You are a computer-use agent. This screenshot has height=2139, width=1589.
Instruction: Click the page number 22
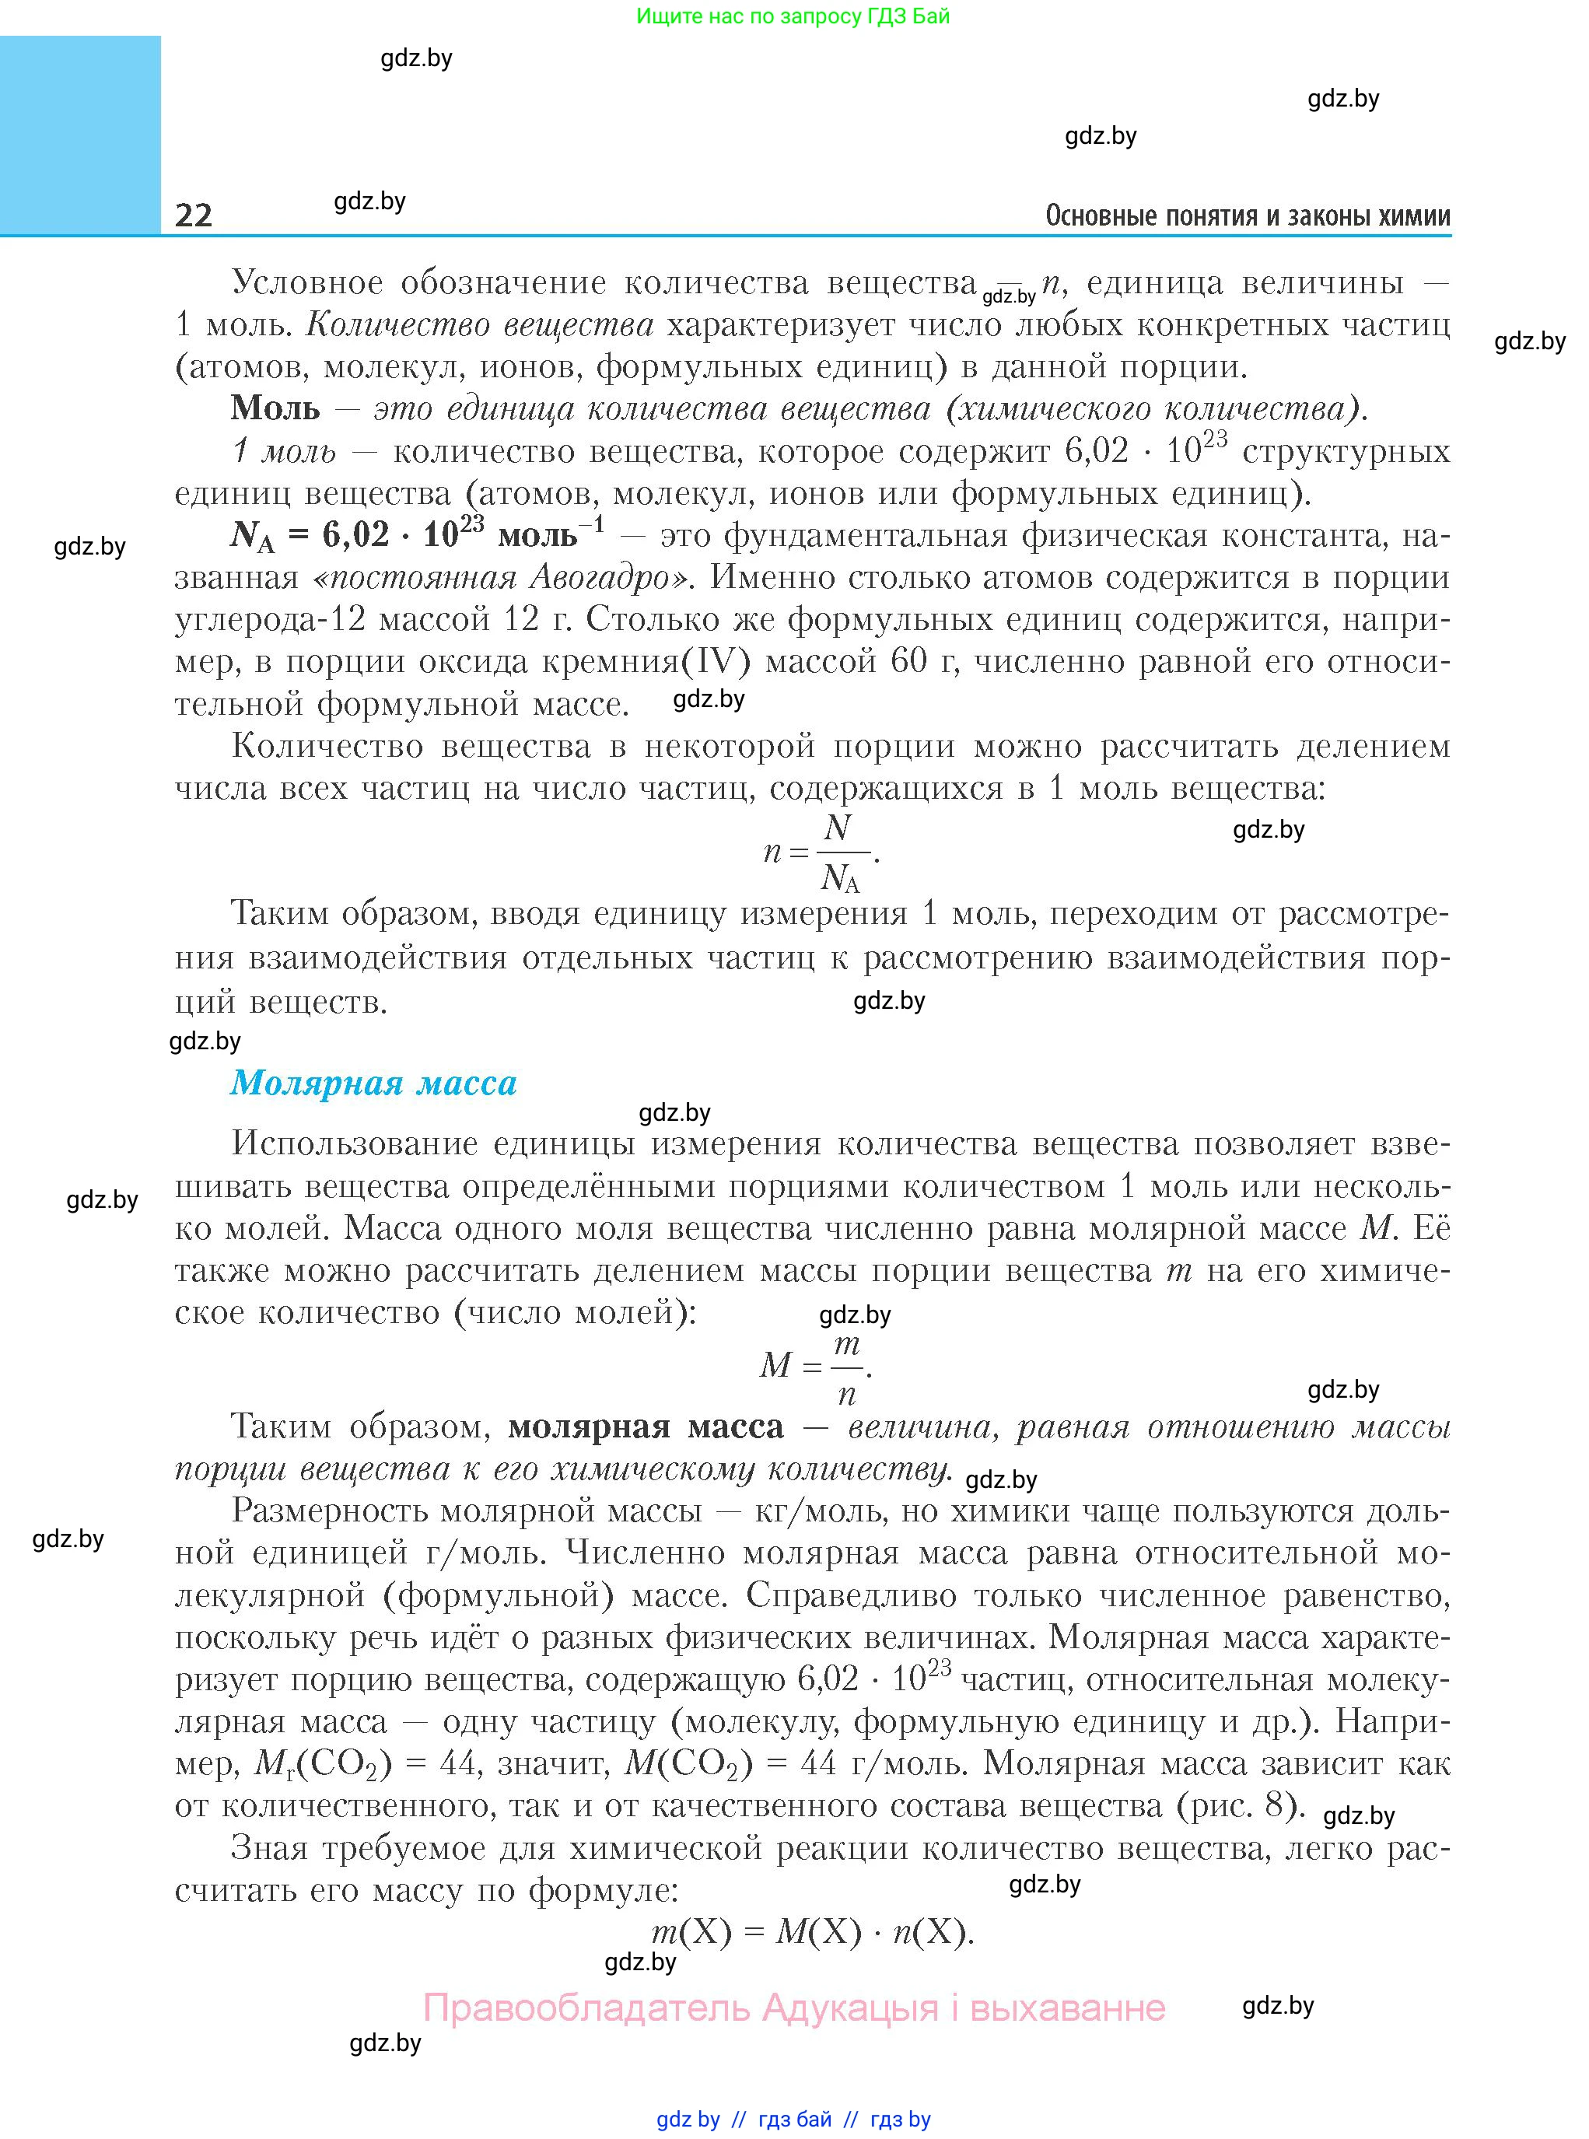point(194,215)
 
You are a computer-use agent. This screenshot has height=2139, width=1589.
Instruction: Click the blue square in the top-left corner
point(80,135)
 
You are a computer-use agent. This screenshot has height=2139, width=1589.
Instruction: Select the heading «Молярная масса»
point(373,1083)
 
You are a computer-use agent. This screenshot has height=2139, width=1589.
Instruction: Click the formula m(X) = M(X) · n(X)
point(813,1931)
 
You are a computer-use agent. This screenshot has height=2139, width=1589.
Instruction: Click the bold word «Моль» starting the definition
point(275,409)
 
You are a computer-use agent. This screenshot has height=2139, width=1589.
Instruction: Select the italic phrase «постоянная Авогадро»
point(501,577)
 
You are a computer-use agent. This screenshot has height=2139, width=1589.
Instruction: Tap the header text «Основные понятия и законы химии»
point(1248,215)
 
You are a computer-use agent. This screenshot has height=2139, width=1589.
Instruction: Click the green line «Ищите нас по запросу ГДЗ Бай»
point(793,16)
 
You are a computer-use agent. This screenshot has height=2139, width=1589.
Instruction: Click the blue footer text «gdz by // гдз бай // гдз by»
point(793,2119)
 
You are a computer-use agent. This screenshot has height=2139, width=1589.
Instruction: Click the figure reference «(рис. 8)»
point(1241,1805)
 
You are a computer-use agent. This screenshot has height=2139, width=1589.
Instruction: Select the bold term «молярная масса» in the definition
point(646,1427)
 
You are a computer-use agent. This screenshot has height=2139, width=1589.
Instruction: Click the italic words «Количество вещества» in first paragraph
point(479,325)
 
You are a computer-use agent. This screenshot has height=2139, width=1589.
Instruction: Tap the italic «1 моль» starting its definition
point(284,451)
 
